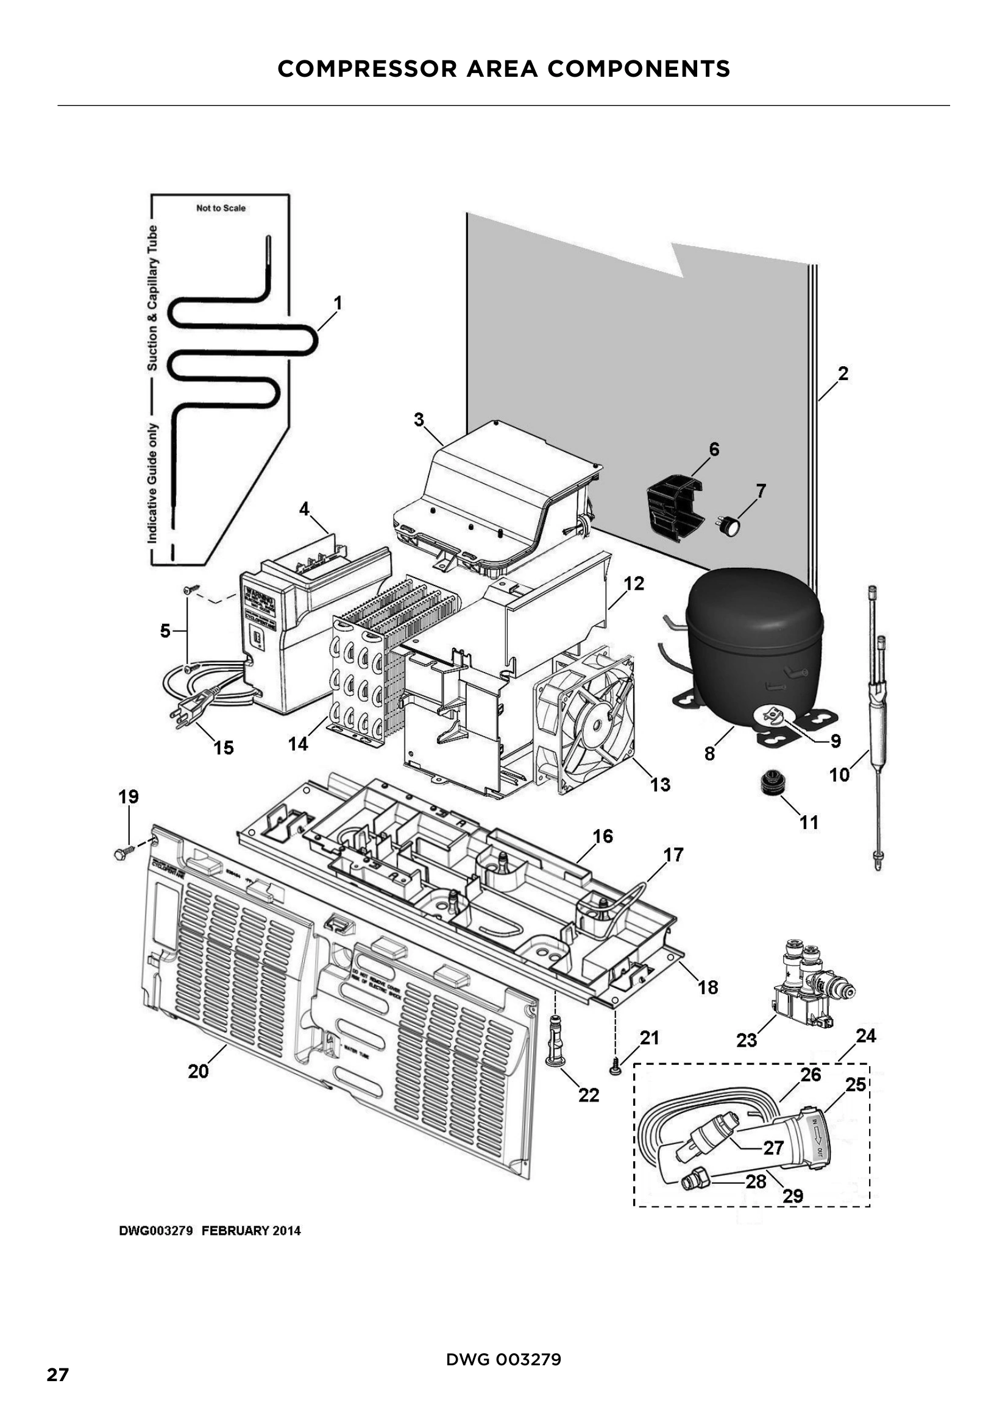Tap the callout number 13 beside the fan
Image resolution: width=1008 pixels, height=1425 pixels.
tap(660, 785)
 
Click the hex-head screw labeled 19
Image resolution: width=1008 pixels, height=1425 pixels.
tap(123, 854)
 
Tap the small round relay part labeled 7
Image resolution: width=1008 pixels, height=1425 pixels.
tap(731, 526)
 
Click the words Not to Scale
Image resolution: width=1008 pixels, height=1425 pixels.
tap(221, 208)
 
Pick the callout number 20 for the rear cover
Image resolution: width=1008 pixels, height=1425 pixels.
tap(199, 1071)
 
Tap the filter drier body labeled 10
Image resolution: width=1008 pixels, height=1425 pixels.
tap(876, 720)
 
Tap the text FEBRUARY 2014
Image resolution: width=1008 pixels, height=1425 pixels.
tap(250, 1231)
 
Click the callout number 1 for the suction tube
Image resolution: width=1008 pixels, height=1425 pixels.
tap(338, 303)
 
